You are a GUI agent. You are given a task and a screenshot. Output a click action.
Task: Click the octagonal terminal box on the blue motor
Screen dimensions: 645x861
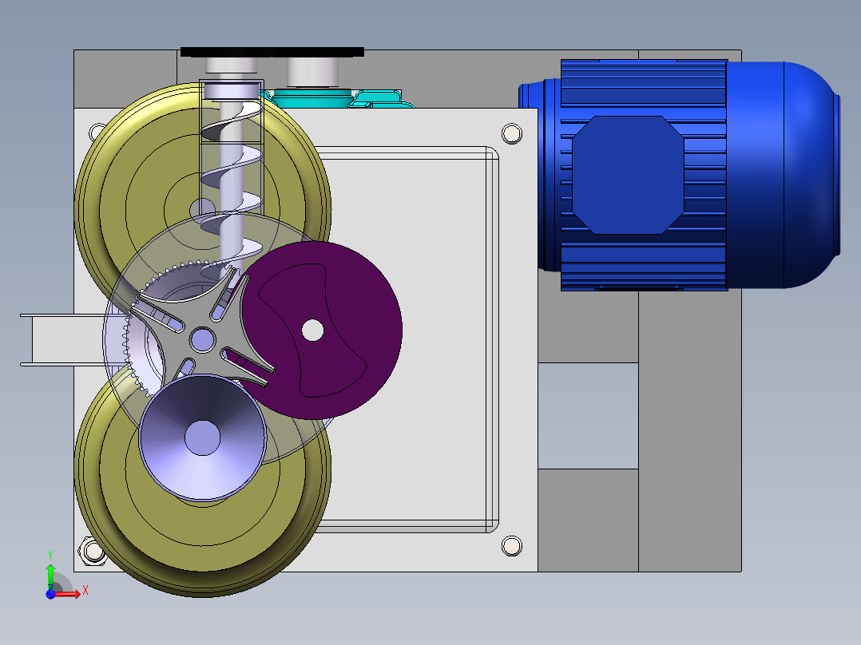[x=629, y=175]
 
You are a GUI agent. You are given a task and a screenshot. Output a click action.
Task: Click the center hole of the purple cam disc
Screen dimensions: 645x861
[x=312, y=329]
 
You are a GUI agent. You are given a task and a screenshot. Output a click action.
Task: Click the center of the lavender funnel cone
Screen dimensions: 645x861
[x=202, y=438]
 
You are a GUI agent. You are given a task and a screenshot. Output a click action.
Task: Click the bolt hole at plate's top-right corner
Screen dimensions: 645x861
[x=511, y=133]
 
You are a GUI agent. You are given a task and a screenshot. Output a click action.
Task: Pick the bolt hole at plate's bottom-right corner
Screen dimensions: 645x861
[x=511, y=546]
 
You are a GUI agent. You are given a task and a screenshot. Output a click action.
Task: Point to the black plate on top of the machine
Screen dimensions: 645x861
[x=272, y=52]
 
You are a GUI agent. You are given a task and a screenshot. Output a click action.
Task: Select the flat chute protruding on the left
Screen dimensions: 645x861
[x=56, y=340]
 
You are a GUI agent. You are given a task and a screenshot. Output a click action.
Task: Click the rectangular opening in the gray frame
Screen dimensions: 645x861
[x=588, y=415]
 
